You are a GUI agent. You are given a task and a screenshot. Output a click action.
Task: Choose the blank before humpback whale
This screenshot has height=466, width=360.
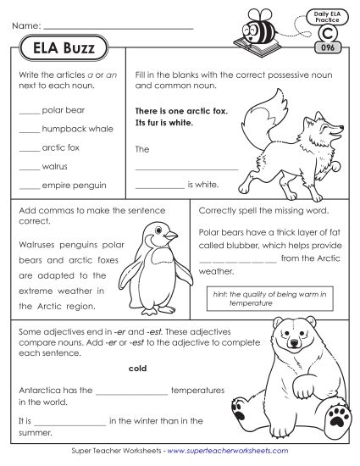28,130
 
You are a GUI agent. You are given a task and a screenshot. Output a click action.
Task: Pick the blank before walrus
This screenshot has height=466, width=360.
28,166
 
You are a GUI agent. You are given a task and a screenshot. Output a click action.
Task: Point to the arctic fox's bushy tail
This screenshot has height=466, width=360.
252,112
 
